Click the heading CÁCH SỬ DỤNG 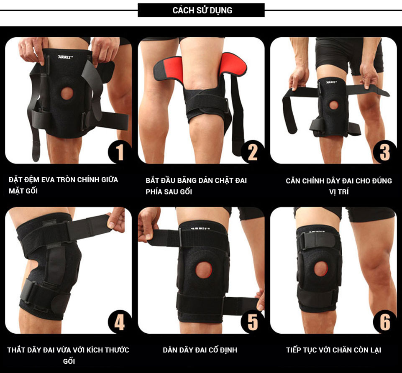pos(202,10)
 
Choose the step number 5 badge pos(253,322)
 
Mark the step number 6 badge pos(384,322)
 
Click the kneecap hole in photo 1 pos(67,93)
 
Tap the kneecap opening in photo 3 pos(333,105)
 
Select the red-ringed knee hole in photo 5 pos(204,270)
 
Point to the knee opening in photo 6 pos(321,268)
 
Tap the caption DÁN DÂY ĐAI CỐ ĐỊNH pos(200,350)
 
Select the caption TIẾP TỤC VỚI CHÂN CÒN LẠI pos(333,350)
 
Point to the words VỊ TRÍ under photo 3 pos(339,192)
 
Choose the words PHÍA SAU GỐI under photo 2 pos(169,192)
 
